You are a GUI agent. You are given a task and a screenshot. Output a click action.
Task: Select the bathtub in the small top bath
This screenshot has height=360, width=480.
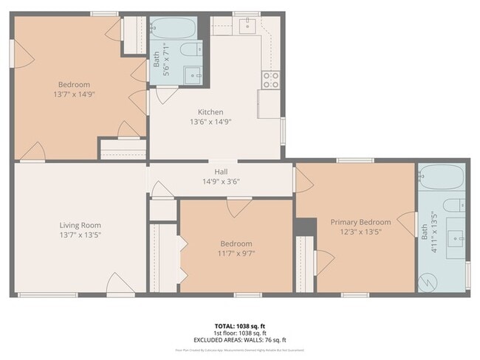pyautogui.click(x=173, y=29)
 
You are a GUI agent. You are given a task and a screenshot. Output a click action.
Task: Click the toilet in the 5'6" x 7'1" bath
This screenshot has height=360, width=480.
pyautogui.click(x=191, y=50)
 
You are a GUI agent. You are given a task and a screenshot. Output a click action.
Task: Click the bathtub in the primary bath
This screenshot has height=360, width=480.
pyautogui.click(x=442, y=176)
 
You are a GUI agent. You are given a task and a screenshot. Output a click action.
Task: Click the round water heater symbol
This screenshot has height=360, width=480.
pyautogui.click(x=427, y=281)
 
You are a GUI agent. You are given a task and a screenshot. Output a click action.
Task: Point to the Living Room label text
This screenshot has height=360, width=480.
pyautogui.click(x=80, y=225)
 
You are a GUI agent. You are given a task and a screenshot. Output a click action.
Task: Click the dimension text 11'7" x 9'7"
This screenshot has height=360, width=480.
pyautogui.click(x=236, y=253)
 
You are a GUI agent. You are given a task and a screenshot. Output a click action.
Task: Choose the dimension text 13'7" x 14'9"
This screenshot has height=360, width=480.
pyautogui.click(x=75, y=94)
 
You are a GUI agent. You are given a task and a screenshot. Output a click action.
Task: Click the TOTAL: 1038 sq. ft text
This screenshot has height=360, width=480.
pyautogui.click(x=239, y=325)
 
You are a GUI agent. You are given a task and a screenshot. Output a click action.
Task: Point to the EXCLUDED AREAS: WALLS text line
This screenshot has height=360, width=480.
pyautogui.click(x=239, y=340)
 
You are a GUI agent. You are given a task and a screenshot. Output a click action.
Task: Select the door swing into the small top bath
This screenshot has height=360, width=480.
pyautogui.click(x=166, y=93)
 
